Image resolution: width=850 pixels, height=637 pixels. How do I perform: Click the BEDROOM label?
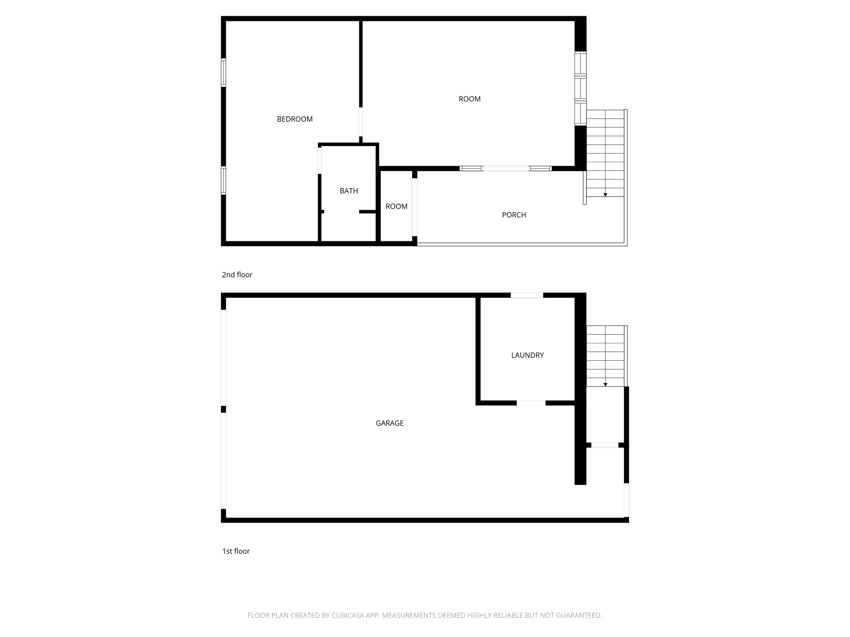click(x=295, y=119)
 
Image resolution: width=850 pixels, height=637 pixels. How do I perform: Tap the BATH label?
click(x=349, y=191)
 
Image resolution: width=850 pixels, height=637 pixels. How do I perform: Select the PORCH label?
click(x=514, y=215)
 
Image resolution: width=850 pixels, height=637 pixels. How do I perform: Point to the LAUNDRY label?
click(x=527, y=355)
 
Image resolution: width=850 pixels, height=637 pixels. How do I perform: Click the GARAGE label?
click(x=389, y=423)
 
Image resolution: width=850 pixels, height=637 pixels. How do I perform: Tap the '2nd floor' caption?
click(x=237, y=275)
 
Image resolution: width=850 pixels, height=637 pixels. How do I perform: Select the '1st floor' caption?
click(x=236, y=552)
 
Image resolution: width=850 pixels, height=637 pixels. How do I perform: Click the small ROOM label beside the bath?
click(x=396, y=207)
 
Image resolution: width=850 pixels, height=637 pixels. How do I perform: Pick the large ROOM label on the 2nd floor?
click(x=469, y=99)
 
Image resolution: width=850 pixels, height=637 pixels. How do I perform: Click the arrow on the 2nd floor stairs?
click(x=605, y=195)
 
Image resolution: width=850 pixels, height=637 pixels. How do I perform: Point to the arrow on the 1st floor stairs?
click(x=605, y=385)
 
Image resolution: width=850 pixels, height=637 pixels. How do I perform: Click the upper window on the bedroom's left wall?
click(x=223, y=73)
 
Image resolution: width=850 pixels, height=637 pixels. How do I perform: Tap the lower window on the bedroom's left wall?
click(x=223, y=180)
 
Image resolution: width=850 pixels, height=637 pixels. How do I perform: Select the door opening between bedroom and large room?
click(x=361, y=122)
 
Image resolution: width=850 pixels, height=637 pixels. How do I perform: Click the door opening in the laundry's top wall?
click(x=527, y=295)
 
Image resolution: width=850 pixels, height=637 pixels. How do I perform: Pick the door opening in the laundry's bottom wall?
click(x=531, y=403)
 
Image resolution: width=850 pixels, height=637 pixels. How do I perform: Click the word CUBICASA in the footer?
click(x=347, y=616)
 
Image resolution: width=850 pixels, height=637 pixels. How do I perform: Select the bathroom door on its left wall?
click(x=320, y=160)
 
